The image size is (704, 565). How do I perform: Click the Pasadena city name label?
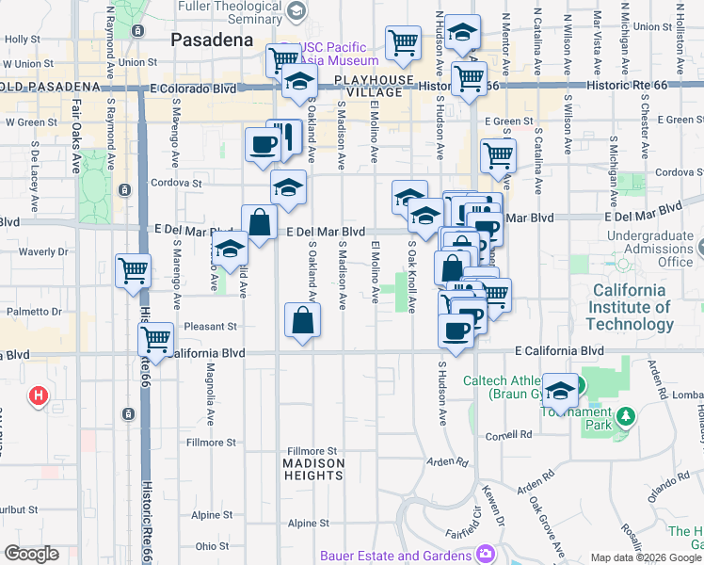pos(212,40)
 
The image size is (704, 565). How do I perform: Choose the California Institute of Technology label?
pos(630,307)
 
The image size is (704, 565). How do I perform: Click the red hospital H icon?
pos(39,395)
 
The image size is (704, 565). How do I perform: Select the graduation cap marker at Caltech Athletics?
pos(560,391)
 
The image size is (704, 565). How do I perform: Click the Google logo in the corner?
pos(31,554)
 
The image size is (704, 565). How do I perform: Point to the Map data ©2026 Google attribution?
pos(646,557)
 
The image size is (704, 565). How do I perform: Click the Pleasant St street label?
pos(211,327)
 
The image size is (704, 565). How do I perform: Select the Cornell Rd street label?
pos(509,435)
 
